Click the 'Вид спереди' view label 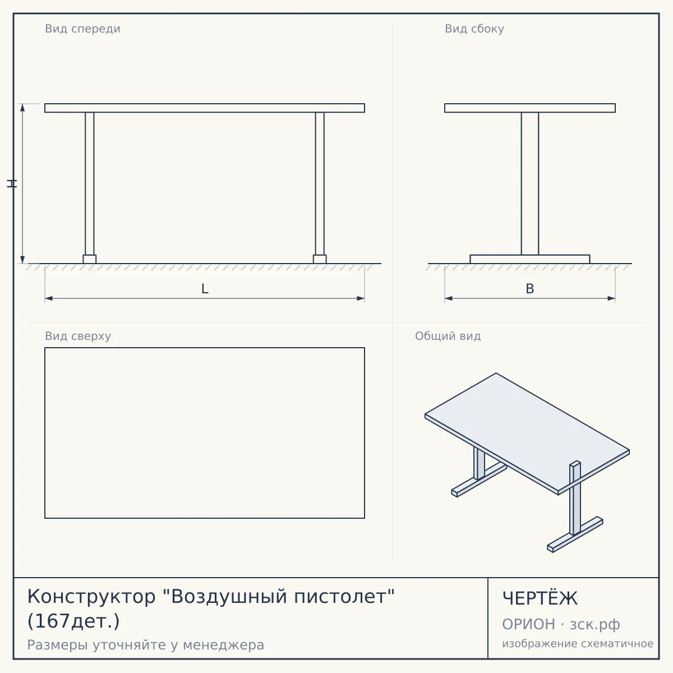point(82,29)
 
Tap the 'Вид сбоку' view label point(474,29)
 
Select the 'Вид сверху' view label point(78,336)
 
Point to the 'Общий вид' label point(448,336)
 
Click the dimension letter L point(205,289)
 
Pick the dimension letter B point(530,289)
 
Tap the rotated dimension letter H point(12,184)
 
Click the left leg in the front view point(89,184)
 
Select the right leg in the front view point(320,184)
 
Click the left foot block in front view point(89,259)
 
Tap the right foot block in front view point(320,259)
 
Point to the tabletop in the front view point(205,108)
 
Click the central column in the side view point(530,184)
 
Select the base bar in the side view point(530,259)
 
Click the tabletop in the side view point(530,108)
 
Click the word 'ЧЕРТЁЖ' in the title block point(540,598)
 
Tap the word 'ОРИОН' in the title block point(528,624)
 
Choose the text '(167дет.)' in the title point(73,621)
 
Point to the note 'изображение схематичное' point(578,643)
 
